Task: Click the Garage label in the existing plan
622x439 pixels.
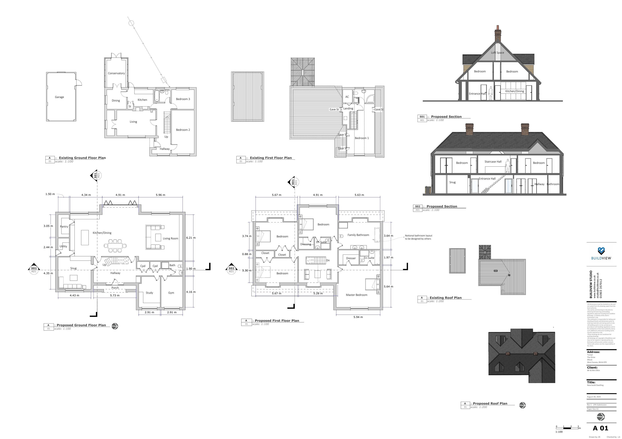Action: click(x=59, y=97)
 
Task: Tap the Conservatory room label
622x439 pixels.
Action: click(x=116, y=73)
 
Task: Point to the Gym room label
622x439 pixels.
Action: click(x=171, y=293)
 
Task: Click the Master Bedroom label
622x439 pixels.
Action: click(x=357, y=295)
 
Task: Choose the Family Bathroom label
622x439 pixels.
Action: click(x=358, y=235)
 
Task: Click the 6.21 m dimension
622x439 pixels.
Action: click(x=191, y=238)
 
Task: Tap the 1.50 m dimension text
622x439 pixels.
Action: click(x=50, y=194)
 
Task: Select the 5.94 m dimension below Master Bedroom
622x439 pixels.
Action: click(x=358, y=317)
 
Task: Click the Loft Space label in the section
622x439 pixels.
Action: click(x=497, y=52)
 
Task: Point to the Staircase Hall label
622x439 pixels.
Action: click(x=493, y=162)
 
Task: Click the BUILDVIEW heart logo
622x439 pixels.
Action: click(x=601, y=251)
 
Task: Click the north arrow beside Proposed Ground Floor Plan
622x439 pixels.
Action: click(x=115, y=326)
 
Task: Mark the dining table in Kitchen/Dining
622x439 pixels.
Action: click(x=115, y=246)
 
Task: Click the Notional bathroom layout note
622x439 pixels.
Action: click(x=418, y=237)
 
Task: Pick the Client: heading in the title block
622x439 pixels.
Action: click(x=592, y=367)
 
